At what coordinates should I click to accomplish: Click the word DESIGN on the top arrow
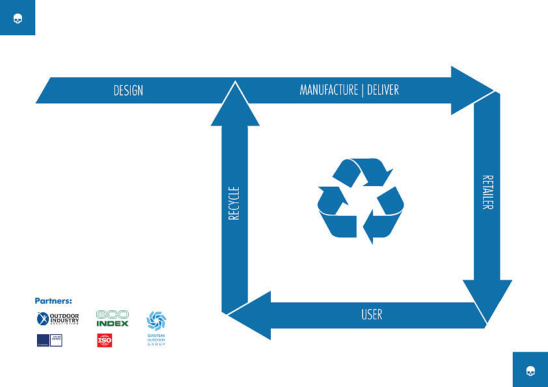(x=128, y=90)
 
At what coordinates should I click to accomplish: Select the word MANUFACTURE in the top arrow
(x=329, y=90)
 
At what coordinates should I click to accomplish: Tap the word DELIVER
(x=383, y=90)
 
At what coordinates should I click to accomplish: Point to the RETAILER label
(x=487, y=192)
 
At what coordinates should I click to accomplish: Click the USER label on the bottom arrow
(x=372, y=315)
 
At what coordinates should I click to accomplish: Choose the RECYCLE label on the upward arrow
(x=234, y=203)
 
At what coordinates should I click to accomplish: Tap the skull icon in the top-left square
(x=18, y=18)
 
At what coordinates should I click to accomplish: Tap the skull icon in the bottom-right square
(x=530, y=370)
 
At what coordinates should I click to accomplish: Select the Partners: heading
(x=53, y=301)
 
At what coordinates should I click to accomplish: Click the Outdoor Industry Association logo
(x=58, y=319)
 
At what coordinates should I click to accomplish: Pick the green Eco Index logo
(x=113, y=318)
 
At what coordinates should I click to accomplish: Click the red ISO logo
(x=105, y=340)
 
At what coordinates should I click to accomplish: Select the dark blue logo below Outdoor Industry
(x=49, y=340)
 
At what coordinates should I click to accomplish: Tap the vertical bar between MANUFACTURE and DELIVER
(x=362, y=90)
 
